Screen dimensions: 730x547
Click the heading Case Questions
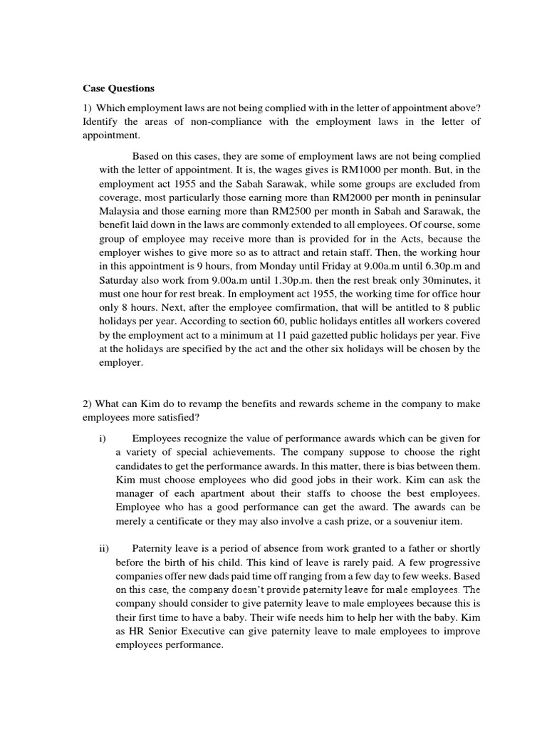pyautogui.click(x=118, y=89)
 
